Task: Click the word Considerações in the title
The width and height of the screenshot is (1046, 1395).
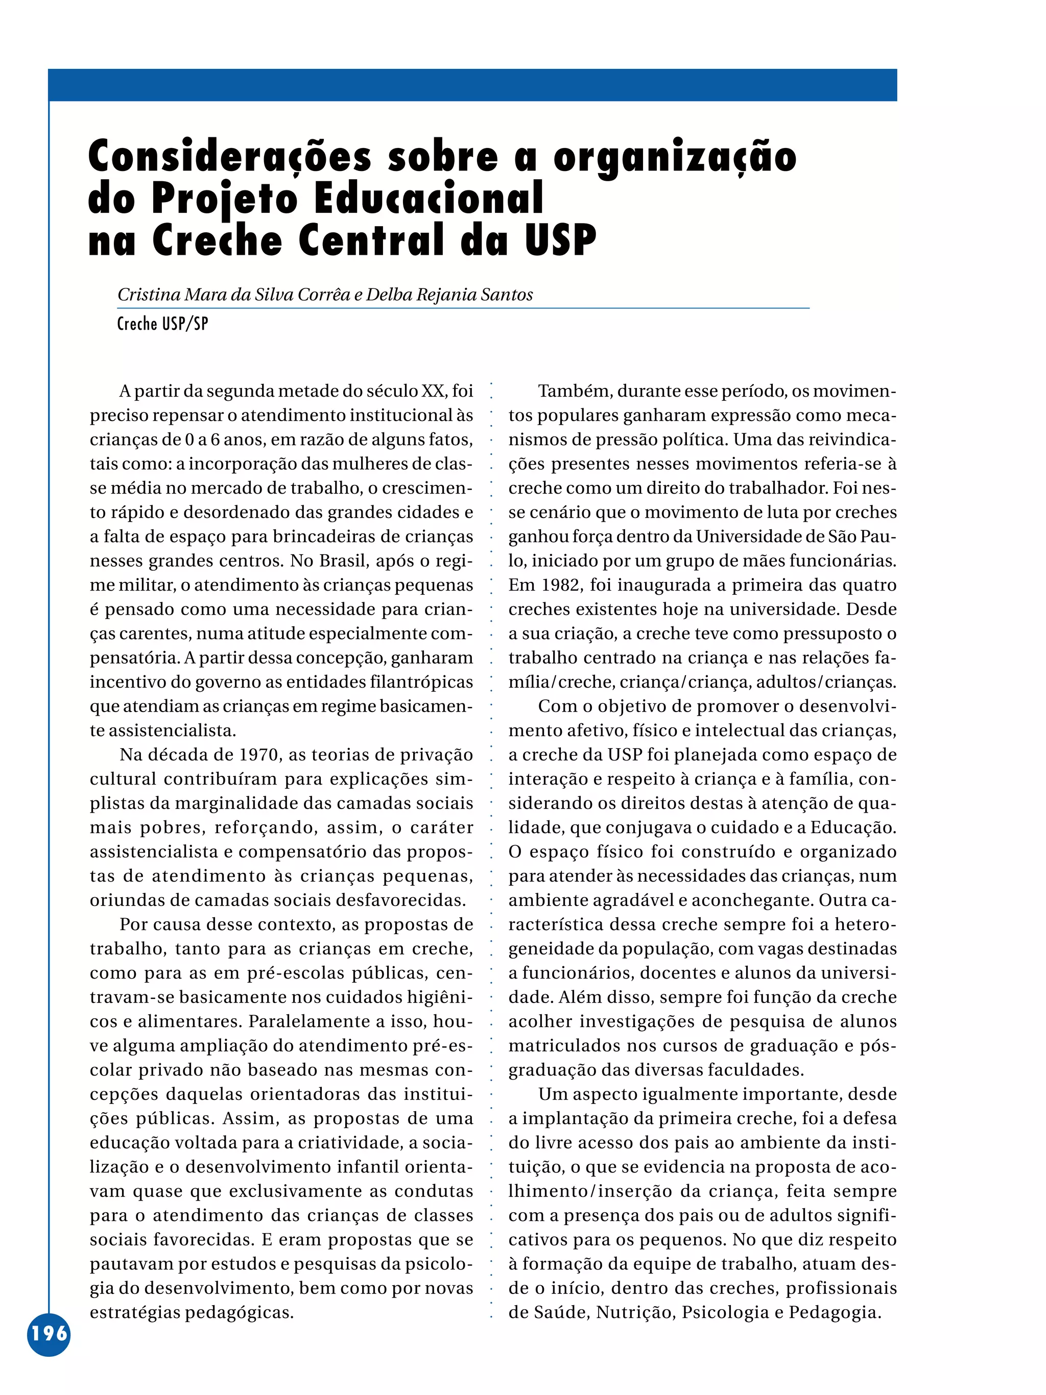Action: (x=230, y=156)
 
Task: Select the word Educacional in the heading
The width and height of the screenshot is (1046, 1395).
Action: (x=429, y=199)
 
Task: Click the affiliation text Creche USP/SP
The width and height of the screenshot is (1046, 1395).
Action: (x=163, y=324)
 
